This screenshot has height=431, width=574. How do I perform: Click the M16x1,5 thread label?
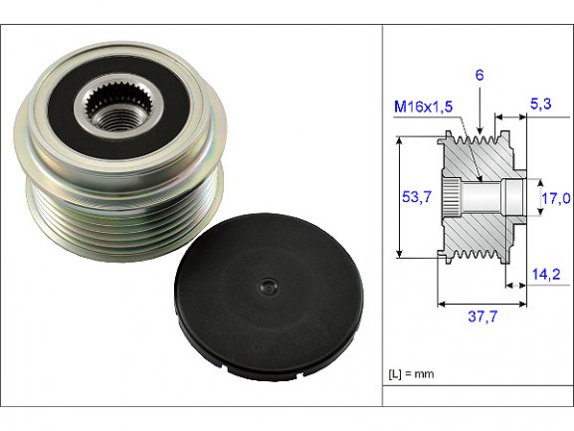click(x=423, y=107)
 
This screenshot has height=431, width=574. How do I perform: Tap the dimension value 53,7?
click(x=417, y=197)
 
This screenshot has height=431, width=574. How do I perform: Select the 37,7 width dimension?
click(x=482, y=316)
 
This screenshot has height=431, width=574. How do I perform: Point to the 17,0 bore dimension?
click(x=556, y=198)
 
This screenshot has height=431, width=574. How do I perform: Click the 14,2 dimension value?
click(x=546, y=274)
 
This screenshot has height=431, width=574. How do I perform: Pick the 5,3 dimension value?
click(x=541, y=104)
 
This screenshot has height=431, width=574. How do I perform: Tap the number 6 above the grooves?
click(x=479, y=75)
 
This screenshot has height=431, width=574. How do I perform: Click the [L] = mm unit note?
click(x=411, y=374)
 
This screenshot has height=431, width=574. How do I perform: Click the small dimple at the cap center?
click(x=269, y=287)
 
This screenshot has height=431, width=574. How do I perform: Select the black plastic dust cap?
click(x=269, y=297)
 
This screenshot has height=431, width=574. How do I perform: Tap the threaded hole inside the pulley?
click(x=116, y=117)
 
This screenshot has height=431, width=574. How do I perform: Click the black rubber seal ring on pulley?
click(x=119, y=107)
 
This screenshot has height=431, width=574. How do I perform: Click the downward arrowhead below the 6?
click(x=479, y=130)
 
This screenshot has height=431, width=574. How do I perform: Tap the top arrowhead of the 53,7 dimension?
click(x=400, y=140)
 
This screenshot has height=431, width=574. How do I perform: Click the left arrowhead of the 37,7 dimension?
click(x=442, y=304)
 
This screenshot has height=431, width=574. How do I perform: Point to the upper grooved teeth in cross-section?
click(x=473, y=139)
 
